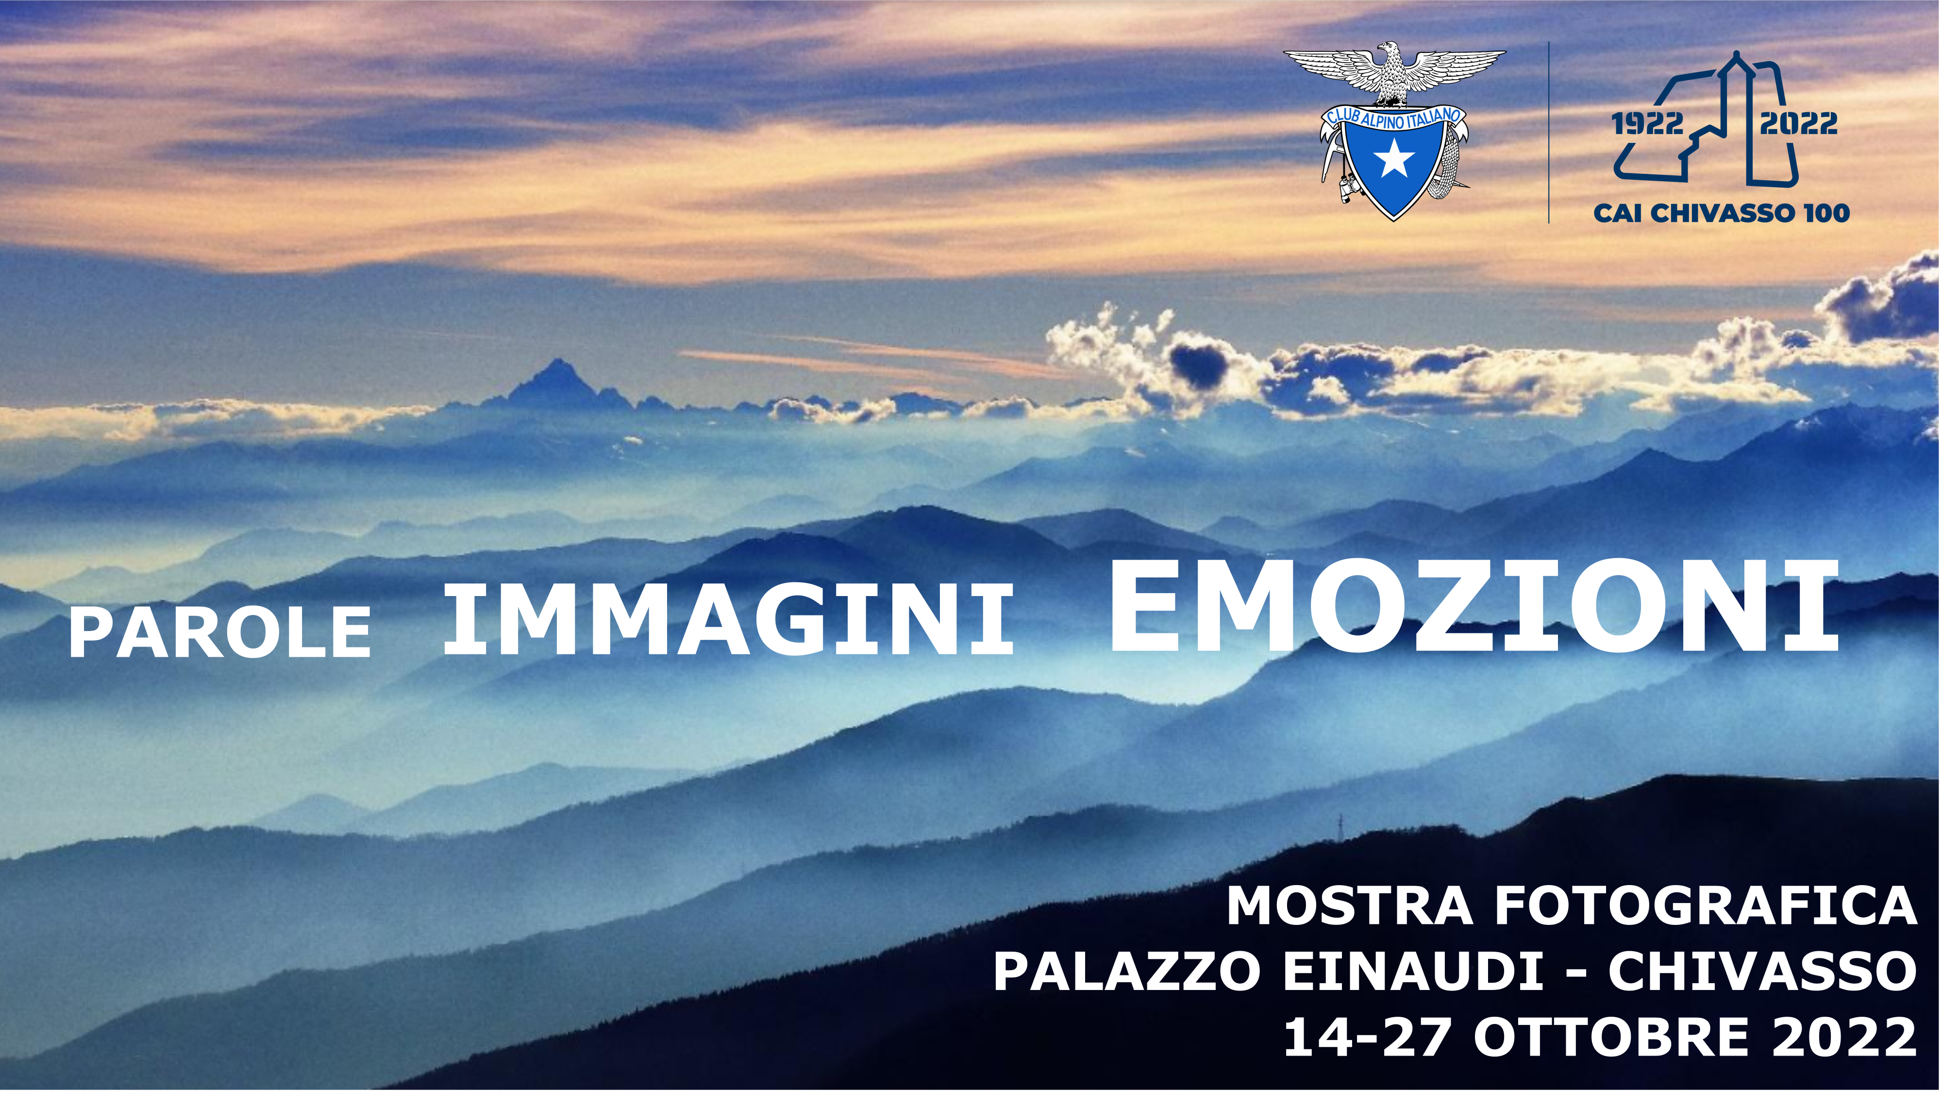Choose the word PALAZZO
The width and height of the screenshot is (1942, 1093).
(1127, 972)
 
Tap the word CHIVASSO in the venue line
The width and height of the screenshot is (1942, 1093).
(1762, 972)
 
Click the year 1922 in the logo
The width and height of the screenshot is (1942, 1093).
(1647, 123)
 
